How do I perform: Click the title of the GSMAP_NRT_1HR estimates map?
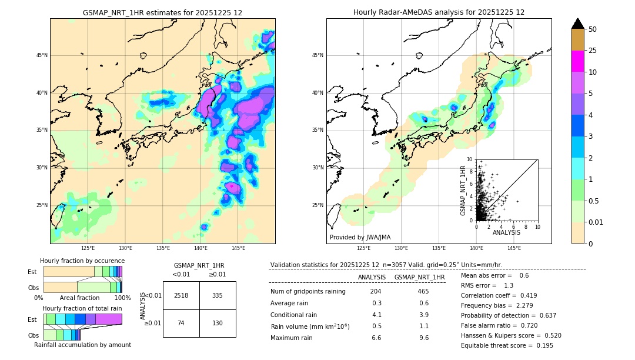click(162, 12)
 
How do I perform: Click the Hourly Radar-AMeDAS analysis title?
click(439, 12)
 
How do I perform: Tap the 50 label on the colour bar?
click(593, 29)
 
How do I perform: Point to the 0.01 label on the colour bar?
click(596, 222)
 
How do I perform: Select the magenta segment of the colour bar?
click(577, 61)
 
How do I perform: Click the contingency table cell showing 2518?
click(181, 295)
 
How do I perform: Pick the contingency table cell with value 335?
click(218, 295)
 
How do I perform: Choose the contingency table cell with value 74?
click(181, 323)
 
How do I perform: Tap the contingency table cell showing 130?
click(218, 323)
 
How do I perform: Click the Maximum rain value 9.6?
click(423, 338)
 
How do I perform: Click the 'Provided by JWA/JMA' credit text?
click(360, 238)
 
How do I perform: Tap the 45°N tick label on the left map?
click(42, 55)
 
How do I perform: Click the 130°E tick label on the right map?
click(402, 248)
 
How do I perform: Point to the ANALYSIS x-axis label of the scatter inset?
click(506, 233)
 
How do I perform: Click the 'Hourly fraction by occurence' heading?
click(82, 261)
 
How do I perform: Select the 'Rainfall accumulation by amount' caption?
click(82, 345)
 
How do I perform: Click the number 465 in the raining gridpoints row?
click(423, 291)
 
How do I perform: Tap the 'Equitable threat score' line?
click(507, 345)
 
